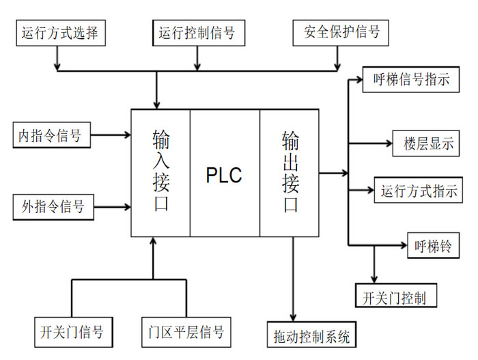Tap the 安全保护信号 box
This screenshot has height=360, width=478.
pos(336,32)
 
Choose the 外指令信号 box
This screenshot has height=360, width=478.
pos(52,206)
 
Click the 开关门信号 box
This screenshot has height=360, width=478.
pos(71,333)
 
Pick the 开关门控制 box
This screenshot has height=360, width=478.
pos(396,298)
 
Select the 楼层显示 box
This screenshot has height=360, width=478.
pos(427,144)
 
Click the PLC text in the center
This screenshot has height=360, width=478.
pos(224,176)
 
